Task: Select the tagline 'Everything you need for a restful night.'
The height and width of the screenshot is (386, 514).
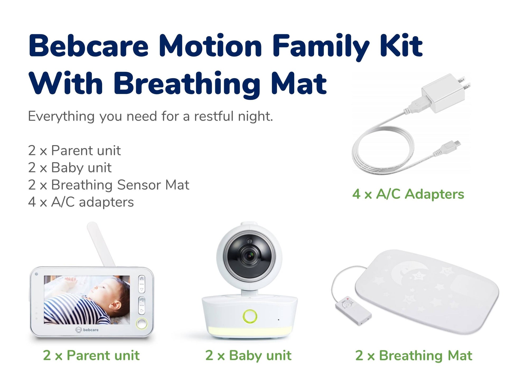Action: pyautogui.click(x=150, y=116)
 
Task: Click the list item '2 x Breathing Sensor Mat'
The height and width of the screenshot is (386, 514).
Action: pyautogui.click(x=109, y=185)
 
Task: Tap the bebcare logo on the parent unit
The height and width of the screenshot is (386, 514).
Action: pyautogui.click(x=87, y=330)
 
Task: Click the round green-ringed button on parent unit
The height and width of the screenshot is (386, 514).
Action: pyautogui.click(x=142, y=323)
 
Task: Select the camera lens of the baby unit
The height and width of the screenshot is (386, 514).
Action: pyautogui.click(x=249, y=255)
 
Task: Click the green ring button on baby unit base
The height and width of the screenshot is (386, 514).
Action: pyautogui.click(x=250, y=316)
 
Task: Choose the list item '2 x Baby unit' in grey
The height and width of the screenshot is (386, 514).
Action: pyautogui.click(x=70, y=167)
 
